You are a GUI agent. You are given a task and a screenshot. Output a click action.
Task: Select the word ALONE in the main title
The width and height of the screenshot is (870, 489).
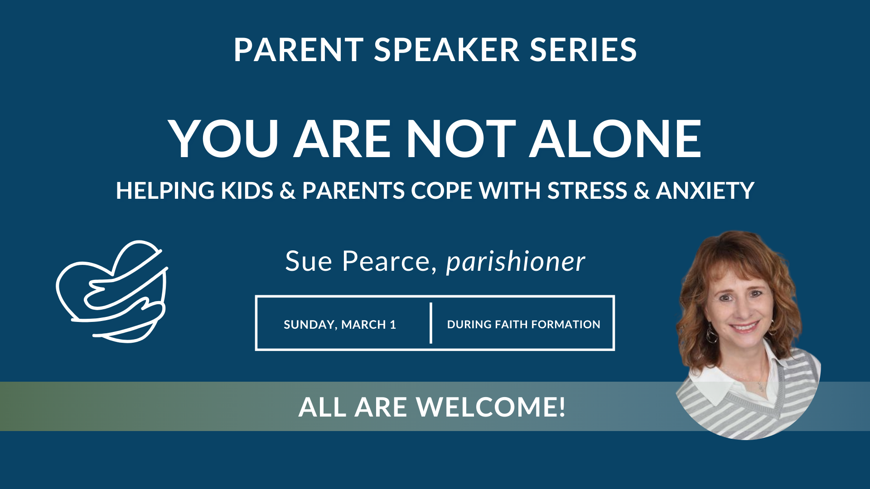(x=615, y=139)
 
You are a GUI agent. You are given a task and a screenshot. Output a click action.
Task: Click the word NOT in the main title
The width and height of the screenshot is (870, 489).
(x=461, y=139)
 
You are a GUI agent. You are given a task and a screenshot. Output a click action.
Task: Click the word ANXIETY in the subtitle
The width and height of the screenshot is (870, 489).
(x=705, y=191)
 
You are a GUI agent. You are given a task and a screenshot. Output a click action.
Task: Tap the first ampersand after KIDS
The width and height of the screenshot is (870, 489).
(x=287, y=191)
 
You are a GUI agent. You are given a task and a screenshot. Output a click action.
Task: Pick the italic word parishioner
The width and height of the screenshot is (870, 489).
(x=515, y=262)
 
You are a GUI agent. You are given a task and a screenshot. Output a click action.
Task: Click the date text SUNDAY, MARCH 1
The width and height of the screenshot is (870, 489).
(x=340, y=324)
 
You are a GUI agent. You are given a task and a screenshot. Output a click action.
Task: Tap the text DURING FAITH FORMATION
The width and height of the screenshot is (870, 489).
(x=523, y=324)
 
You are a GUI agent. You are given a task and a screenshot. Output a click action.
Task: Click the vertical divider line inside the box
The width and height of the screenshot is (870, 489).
(x=431, y=323)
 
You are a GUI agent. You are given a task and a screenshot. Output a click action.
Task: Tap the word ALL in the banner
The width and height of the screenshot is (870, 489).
(x=322, y=407)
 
